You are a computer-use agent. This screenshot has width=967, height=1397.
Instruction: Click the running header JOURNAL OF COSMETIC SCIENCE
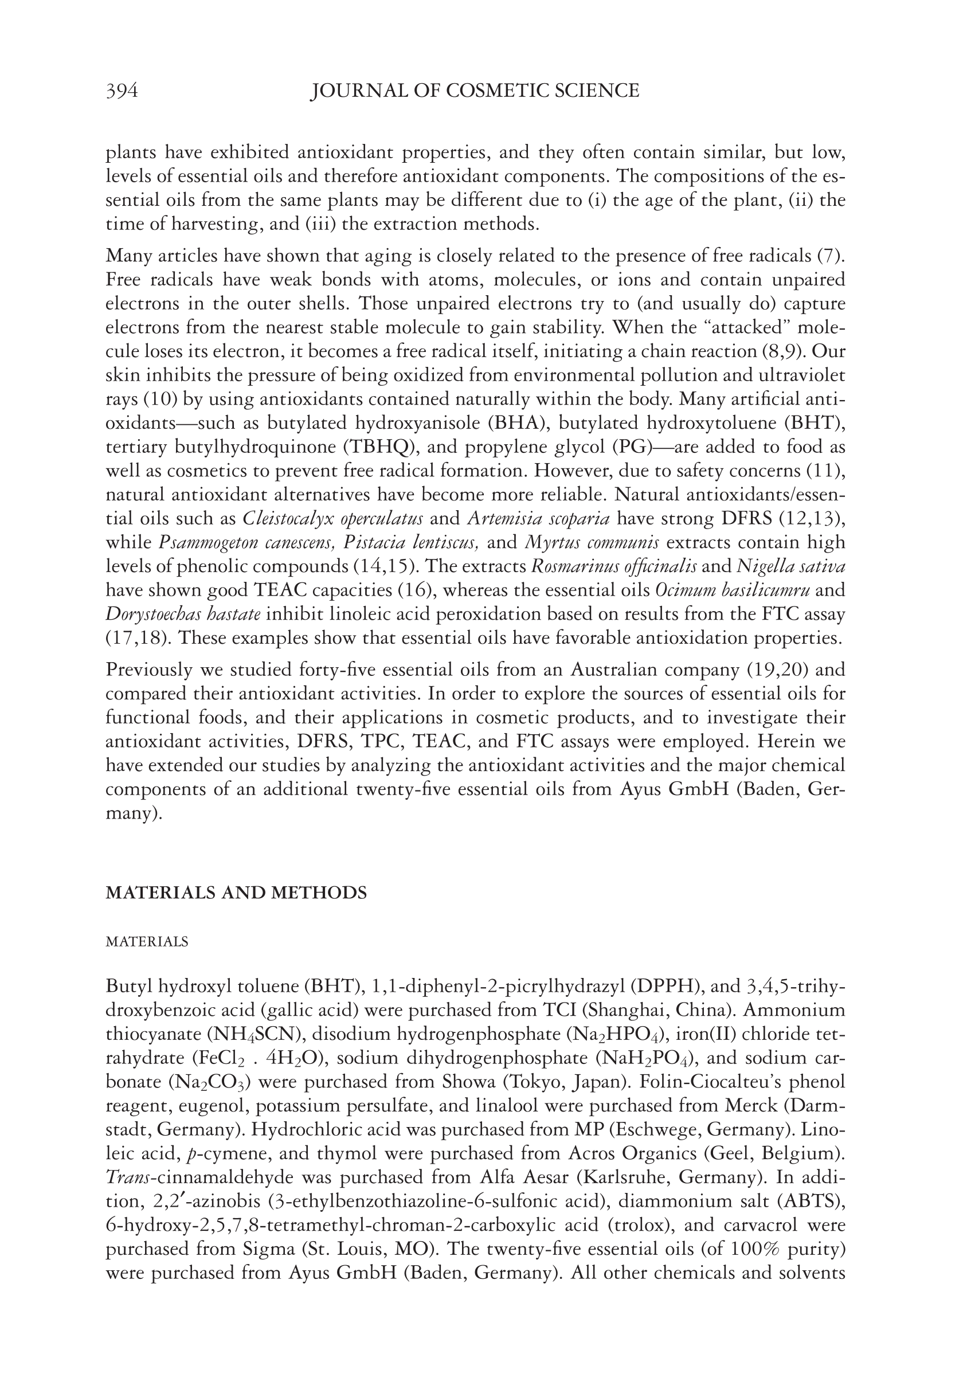[475, 91]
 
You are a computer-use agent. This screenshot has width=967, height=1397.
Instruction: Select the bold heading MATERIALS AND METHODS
[236, 893]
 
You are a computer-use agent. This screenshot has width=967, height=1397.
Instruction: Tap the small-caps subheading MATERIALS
[147, 942]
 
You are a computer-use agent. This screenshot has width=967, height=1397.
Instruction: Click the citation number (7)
[831, 256]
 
